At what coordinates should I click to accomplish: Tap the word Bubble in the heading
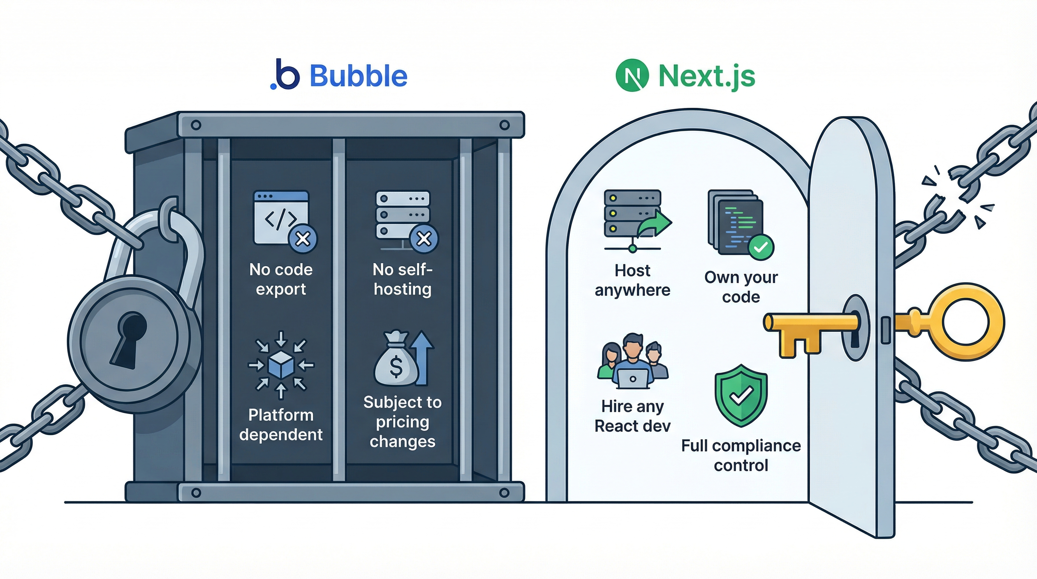(x=358, y=76)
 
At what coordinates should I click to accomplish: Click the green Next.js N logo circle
(x=632, y=75)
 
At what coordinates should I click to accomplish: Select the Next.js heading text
(x=707, y=76)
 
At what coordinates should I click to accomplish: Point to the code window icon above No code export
(x=281, y=218)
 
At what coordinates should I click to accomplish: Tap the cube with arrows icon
(x=281, y=365)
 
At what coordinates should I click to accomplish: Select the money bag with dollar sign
(x=396, y=360)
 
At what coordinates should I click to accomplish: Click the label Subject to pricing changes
(x=402, y=421)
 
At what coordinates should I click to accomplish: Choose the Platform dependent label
(x=281, y=425)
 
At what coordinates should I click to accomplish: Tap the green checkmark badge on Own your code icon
(x=760, y=247)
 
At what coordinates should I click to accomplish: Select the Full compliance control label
(x=741, y=455)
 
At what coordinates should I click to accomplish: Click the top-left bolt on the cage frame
(x=196, y=125)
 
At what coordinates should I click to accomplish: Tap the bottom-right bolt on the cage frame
(x=504, y=492)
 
